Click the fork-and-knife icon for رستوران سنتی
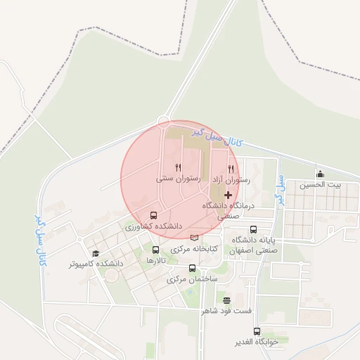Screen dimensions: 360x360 pos(179,167)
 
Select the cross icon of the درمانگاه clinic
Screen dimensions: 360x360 pos(226,193)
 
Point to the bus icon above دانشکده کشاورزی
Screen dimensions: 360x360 pos(154,215)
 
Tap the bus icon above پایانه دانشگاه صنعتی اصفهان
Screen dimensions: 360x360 pos(253,229)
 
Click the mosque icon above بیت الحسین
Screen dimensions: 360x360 pos(321,174)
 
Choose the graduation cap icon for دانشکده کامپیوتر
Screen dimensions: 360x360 pos(95,253)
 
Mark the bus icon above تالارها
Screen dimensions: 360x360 pos(155,249)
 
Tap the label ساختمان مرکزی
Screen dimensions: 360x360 pos(193,279)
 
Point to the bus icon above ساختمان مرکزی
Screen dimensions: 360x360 pos(193,268)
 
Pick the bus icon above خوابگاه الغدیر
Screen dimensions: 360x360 pos(256,330)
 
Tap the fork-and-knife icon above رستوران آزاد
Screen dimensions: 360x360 pos(231,168)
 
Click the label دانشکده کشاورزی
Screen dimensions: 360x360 pos(154,227)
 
